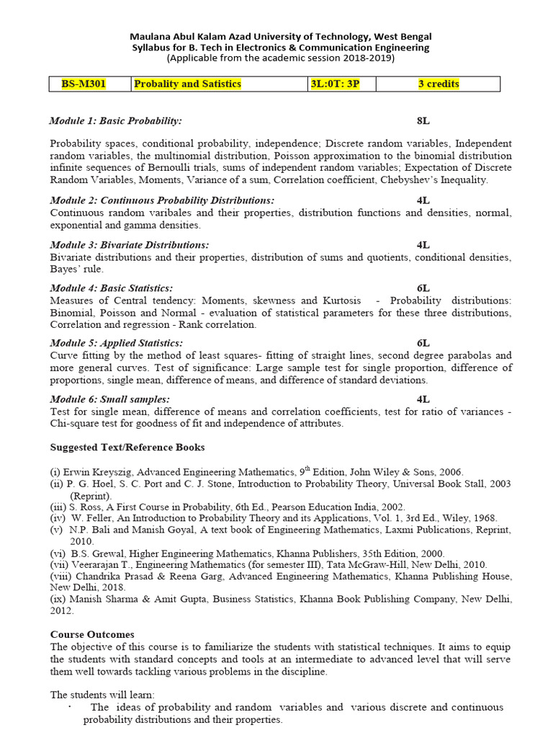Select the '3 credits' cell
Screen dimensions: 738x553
click(439, 84)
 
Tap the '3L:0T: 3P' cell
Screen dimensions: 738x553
click(335, 84)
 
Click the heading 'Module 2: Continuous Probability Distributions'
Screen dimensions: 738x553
click(162, 200)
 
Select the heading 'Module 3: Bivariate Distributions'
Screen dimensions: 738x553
click(130, 245)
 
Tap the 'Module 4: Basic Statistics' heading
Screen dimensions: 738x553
click(112, 288)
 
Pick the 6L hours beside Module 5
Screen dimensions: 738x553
click(423, 343)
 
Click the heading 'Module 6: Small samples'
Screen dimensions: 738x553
click(110, 399)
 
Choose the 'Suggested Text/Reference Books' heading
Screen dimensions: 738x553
click(127, 448)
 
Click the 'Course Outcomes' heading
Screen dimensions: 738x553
click(92, 634)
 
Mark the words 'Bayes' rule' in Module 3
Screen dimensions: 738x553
click(76, 269)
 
